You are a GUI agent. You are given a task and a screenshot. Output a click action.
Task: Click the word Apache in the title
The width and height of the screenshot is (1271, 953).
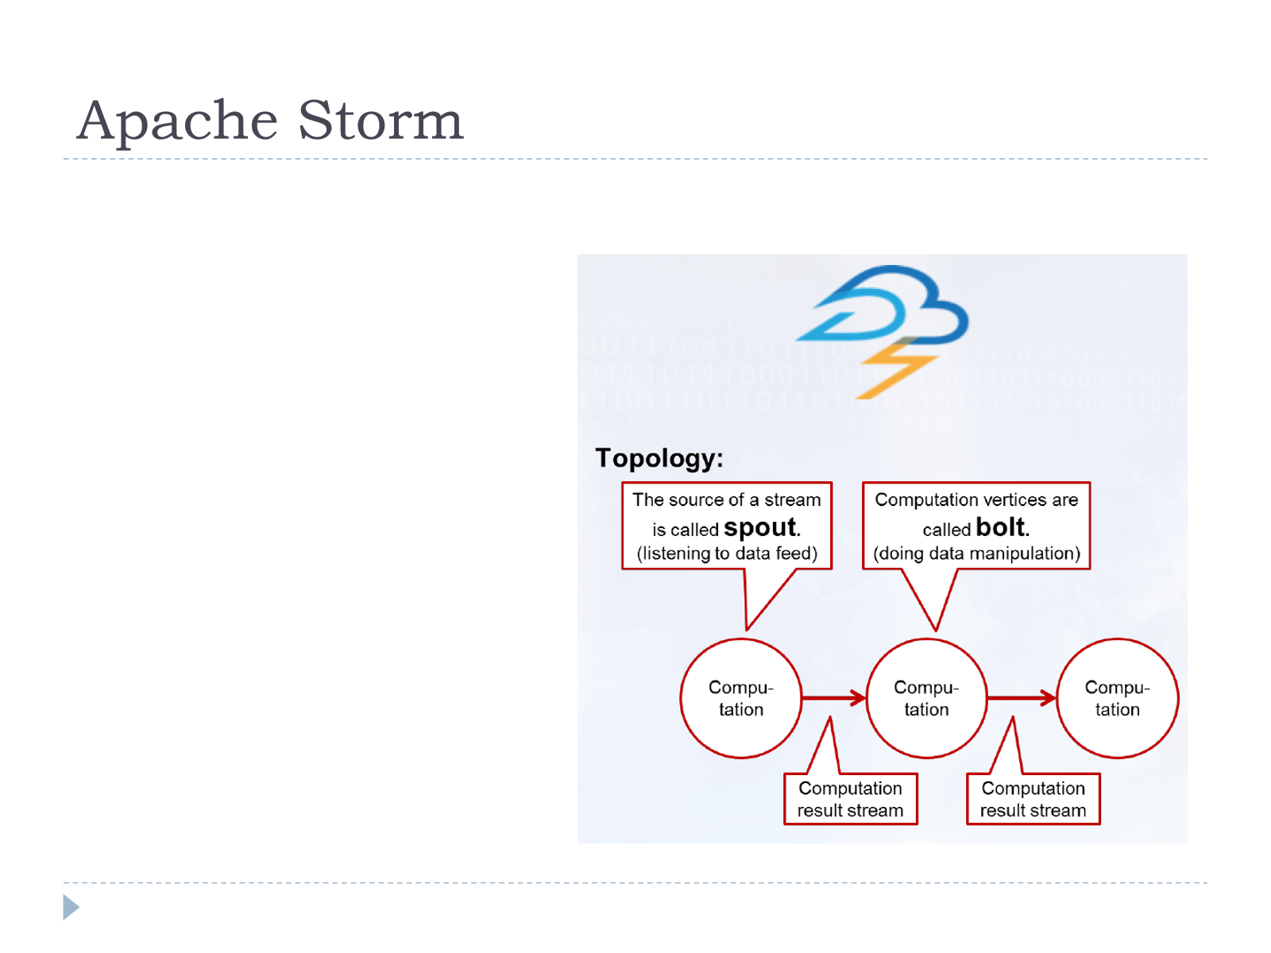click(x=177, y=121)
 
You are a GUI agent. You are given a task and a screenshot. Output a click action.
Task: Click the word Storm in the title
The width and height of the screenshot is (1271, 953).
click(x=381, y=120)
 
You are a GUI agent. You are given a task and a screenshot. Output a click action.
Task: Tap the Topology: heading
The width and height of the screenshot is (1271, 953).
click(x=659, y=459)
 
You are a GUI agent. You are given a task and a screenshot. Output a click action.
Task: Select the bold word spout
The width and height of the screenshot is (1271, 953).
click(x=760, y=527)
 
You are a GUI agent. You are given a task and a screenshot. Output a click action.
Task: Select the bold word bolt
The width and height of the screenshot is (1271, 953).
click(x=1001, y=527)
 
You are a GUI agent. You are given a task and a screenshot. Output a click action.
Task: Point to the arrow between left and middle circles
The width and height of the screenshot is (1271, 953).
click(x=834, y=698)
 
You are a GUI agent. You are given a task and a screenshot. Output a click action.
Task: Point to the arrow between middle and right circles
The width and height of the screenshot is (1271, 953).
click(x=1022, y=698)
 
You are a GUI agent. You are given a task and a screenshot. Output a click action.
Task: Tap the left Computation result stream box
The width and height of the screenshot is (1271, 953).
click(x=850, y=798)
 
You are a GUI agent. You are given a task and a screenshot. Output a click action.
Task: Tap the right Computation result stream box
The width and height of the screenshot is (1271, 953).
click(x=1033, y=798)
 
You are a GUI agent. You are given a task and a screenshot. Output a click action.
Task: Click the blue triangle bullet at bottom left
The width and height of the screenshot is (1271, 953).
click(x=70, y=907)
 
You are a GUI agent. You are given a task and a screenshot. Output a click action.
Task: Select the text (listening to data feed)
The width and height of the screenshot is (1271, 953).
click(x=727, y=554)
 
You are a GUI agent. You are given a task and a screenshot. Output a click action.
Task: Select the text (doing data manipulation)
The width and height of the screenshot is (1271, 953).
click(x=976, y=554)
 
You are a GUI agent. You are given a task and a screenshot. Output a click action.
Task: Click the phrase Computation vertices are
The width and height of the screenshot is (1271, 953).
click(x=976, y=500)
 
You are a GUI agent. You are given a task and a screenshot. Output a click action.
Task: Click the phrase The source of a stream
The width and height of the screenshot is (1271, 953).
click(x=727, y=500)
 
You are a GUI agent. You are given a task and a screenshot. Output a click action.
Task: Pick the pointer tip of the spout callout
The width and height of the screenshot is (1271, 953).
click(x=747, y=630)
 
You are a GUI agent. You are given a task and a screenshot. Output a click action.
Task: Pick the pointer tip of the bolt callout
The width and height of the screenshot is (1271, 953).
click(x=936, y=631)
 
